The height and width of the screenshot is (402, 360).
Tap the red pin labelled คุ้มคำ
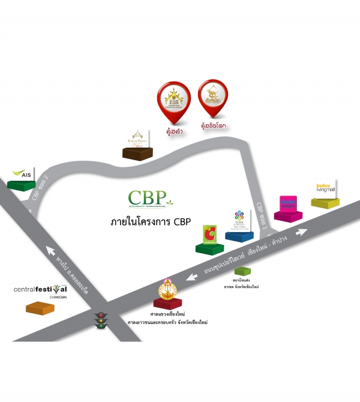(173, 98)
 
